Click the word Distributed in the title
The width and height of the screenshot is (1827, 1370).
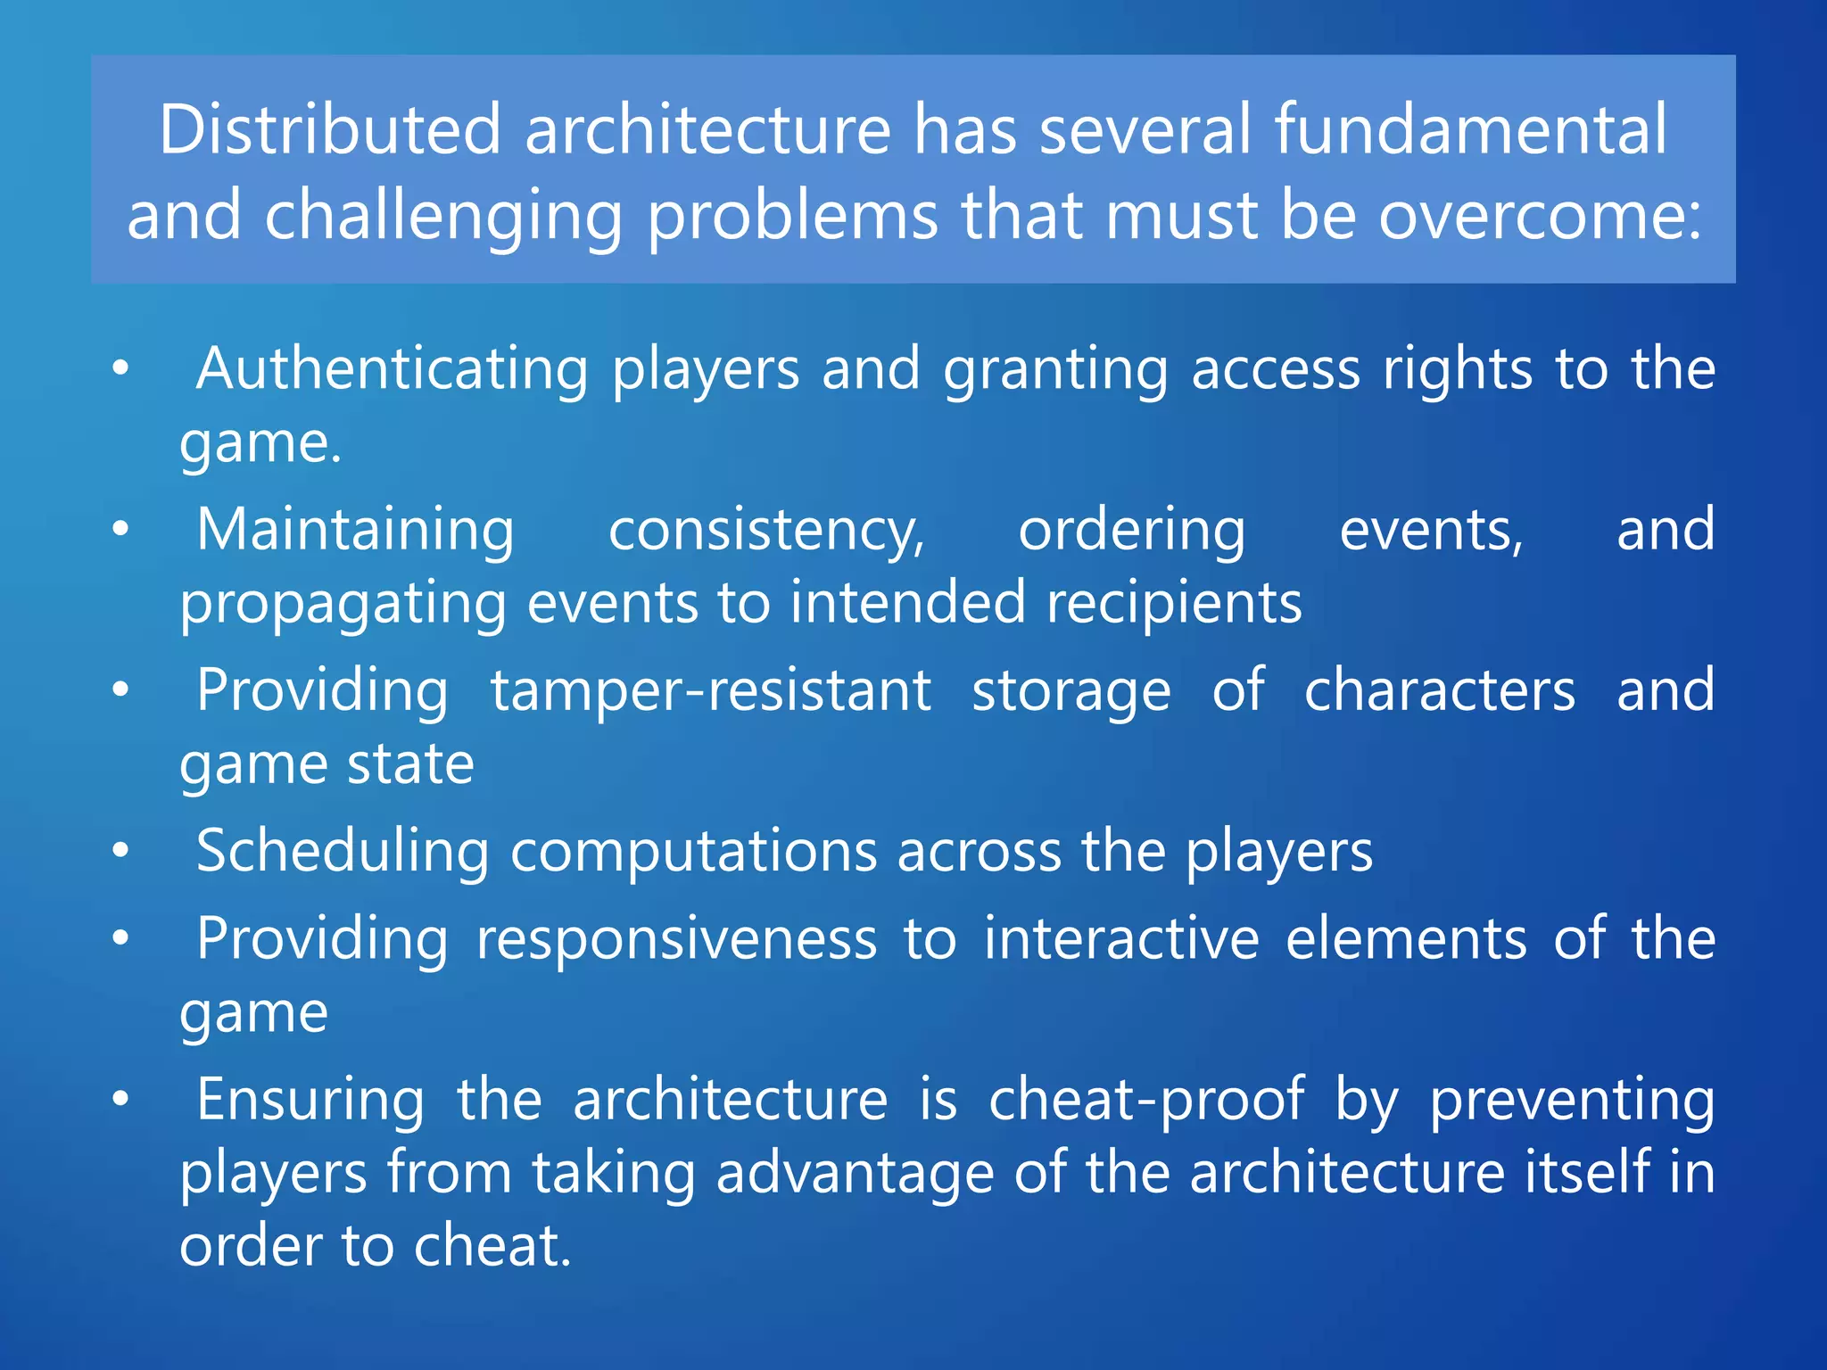tap(330, 130)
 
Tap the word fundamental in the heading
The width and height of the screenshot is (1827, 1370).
tap(1469, 130)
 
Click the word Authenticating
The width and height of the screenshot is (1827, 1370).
tap(392, 369)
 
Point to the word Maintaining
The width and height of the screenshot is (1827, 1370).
tap(355, 530)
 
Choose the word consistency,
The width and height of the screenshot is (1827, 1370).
tap(766, 532)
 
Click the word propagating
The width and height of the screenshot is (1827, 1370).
tap(343, 604)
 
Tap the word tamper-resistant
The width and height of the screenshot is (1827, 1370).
tap(711, 690)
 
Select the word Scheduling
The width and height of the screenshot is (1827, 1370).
tap(343, 851)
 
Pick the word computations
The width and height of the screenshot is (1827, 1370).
tap(693, 853)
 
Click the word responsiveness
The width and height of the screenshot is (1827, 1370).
tap(676, 939)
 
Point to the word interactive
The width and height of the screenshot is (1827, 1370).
tap(1121, 939)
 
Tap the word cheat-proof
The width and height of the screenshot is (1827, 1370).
tap(1146, 1100)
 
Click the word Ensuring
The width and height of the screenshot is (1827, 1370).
tap(310, 1101)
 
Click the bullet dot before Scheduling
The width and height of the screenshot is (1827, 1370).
tap(121, 850)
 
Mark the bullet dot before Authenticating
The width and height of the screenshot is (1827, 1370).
tap(121, 368)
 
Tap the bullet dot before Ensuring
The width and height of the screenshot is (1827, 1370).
tap(121, 1099)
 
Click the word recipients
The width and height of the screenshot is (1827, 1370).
tap(1174, 604)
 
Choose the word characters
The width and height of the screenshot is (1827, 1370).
tap(1440, 690)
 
